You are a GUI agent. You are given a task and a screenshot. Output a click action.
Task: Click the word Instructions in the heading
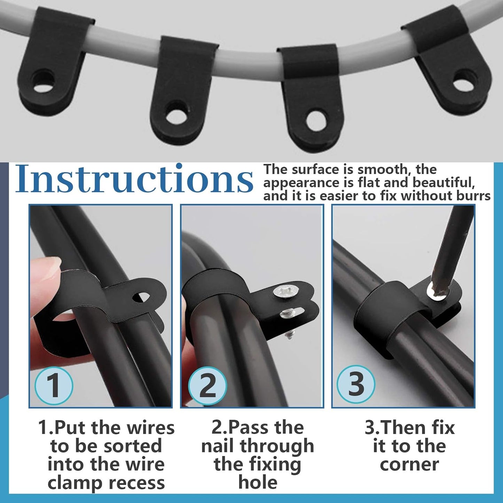[x=134, y=179]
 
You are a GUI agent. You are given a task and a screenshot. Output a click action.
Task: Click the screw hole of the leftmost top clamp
[x=44, y=81]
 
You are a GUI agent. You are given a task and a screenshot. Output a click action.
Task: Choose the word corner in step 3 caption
[x=409, y=464]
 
